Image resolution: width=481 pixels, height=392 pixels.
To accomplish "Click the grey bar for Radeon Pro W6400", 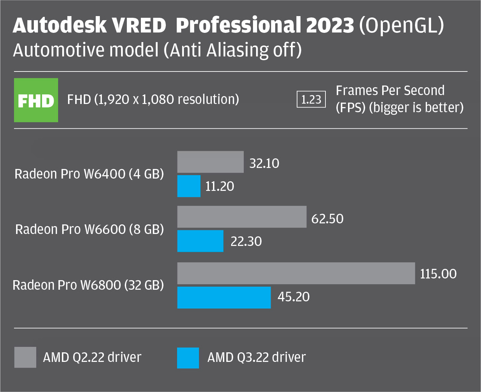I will click(210, 162).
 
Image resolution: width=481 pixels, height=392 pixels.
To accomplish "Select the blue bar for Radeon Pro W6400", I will click(189, 186).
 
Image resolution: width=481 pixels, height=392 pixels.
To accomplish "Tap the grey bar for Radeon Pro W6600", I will click(242, 217).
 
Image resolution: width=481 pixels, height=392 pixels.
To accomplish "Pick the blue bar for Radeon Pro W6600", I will click(200, 241).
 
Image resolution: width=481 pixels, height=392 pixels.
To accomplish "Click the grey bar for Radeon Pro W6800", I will click(296, 273).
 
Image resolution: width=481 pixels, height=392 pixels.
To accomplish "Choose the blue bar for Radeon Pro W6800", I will click(224, 297).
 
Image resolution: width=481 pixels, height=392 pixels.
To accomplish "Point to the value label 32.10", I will click(264, 164).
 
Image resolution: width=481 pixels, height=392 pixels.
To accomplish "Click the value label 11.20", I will click(219, 186).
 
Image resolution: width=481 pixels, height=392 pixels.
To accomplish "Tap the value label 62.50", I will click(327, 219).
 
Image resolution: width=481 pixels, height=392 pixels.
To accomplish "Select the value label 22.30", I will click(246, 241).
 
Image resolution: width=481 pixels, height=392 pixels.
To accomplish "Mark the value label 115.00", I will click(438, 274).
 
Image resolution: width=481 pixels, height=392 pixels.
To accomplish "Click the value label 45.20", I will click(293, 297).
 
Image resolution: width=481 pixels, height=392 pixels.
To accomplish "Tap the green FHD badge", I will click(36, 100).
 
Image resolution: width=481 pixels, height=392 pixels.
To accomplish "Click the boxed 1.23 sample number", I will click(311, 100).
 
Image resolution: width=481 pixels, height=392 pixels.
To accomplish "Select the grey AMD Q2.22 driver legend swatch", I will click(25, 357).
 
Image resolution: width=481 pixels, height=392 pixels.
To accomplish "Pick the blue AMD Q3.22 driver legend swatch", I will click(188, 358).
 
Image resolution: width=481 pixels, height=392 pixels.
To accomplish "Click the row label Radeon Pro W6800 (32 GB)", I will click(88, 285).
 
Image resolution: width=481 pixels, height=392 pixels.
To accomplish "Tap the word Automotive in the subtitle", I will click(59, 50).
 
